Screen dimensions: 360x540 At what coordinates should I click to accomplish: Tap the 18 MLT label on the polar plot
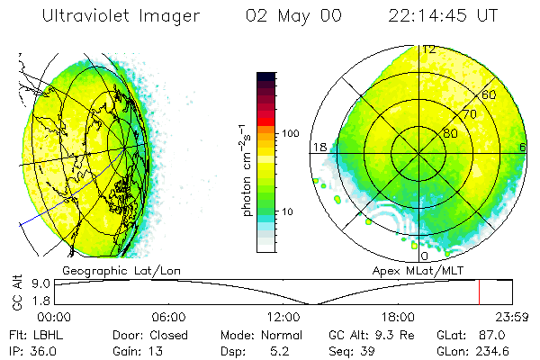[x=319, y=147]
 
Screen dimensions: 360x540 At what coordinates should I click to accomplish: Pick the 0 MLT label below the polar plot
[x=425, y=256]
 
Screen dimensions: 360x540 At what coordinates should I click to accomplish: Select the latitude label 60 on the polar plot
[x=490, y=94]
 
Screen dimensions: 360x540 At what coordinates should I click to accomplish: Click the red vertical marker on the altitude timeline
[x=479, y=292]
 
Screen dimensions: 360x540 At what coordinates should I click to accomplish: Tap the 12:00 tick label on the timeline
[x=283, y=316]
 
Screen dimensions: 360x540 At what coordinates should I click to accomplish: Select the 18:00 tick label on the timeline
[x=399, y=316]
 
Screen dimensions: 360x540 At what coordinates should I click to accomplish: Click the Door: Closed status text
[x=133, y=333]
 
